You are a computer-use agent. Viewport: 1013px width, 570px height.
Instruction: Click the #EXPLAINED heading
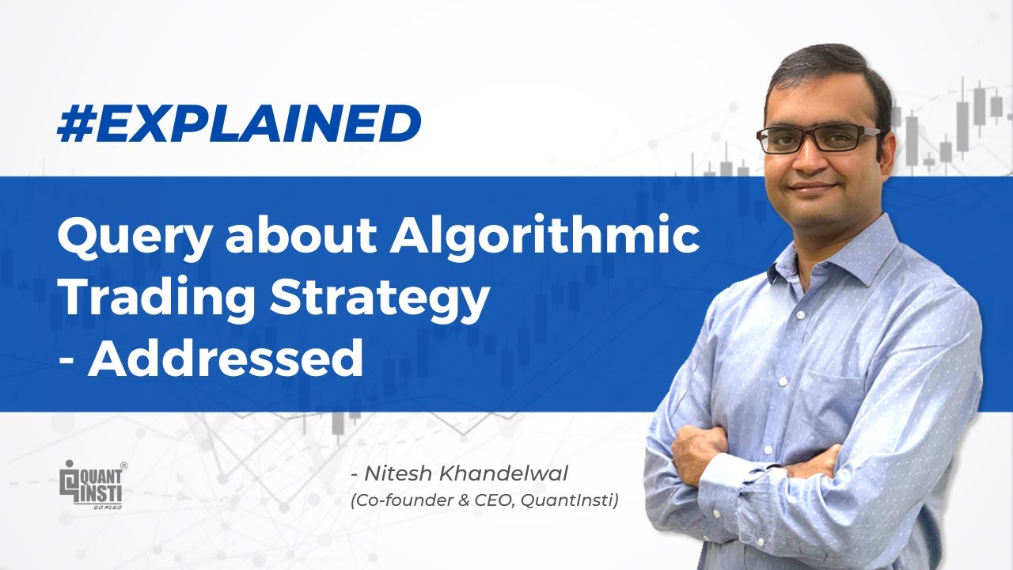pos(238,123)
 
